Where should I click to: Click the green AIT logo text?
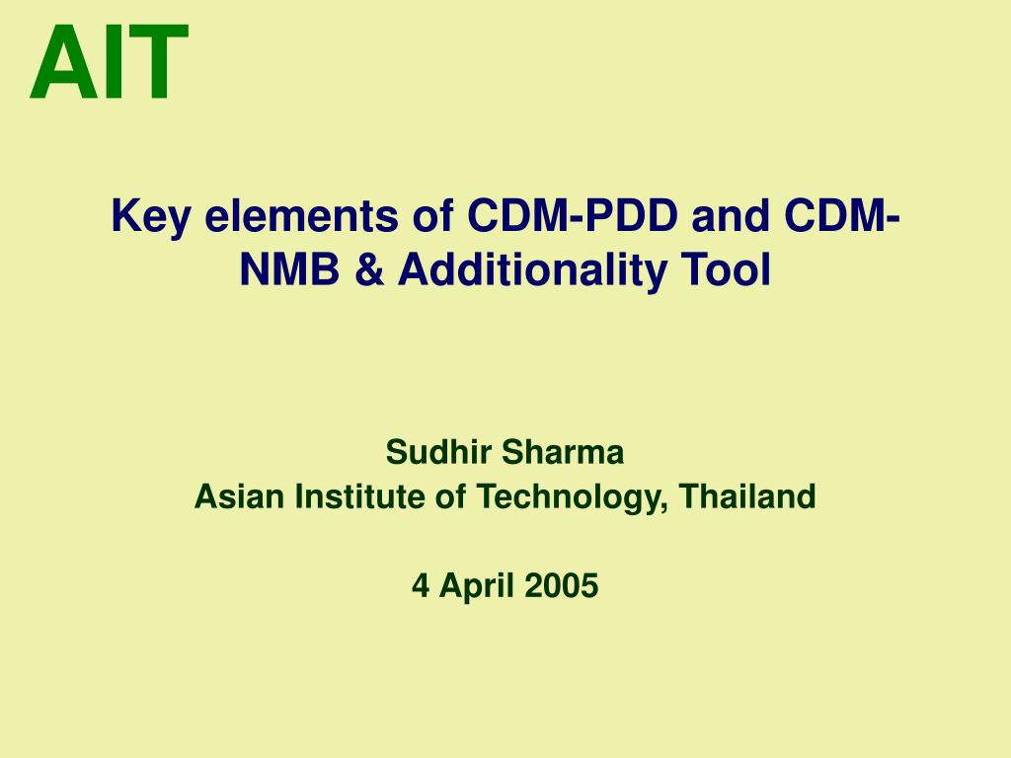point(109,62)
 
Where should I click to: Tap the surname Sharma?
point(563,452)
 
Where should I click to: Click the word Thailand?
point(748,496)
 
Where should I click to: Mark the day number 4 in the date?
point(421,586)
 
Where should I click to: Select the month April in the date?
point(477,587)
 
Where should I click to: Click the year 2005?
point(562,586)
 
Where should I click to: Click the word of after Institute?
point(450,496)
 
